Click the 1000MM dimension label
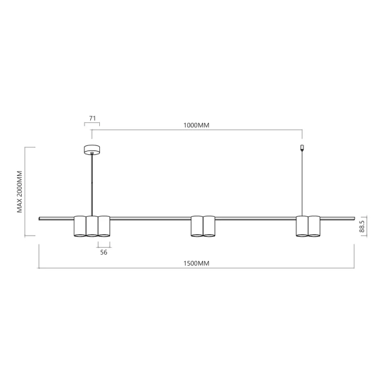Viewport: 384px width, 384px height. [196, 125]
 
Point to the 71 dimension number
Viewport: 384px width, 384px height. [92, 119]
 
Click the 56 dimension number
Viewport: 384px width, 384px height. [104, 252]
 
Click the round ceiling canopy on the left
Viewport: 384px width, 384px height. [92, 150]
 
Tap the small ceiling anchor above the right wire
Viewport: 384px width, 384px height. [302, 149]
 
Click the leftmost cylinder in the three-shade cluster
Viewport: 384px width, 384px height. [80, 226]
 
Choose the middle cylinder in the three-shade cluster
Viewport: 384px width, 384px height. [92, 226]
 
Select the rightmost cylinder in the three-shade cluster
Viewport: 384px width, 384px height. [104, 226]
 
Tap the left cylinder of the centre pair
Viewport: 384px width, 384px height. [197, 226]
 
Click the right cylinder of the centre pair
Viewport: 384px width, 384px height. [209, 226]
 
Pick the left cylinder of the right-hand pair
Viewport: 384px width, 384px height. [302, 226]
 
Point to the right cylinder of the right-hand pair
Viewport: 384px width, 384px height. [314, 226]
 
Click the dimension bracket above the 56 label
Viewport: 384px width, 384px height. [104, 244]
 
